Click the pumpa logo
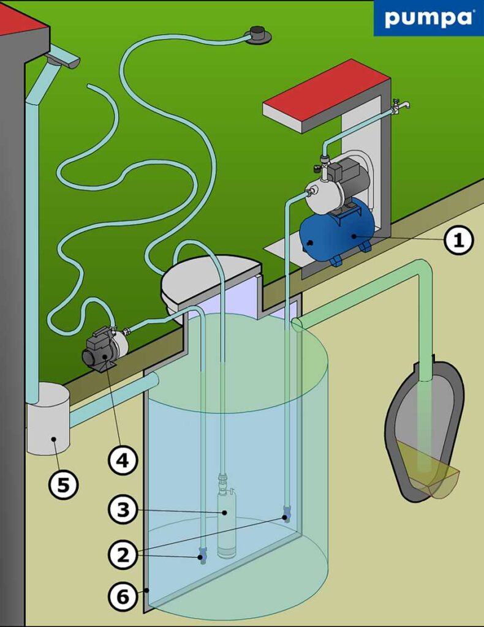(x=428, y=18)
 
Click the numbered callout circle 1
(x=458, y=240)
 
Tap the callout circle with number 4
(x=124, y=459)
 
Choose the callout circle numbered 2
(x=124, y=555)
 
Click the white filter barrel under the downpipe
(x=48, y=419)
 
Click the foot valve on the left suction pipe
(x=203, y=555)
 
